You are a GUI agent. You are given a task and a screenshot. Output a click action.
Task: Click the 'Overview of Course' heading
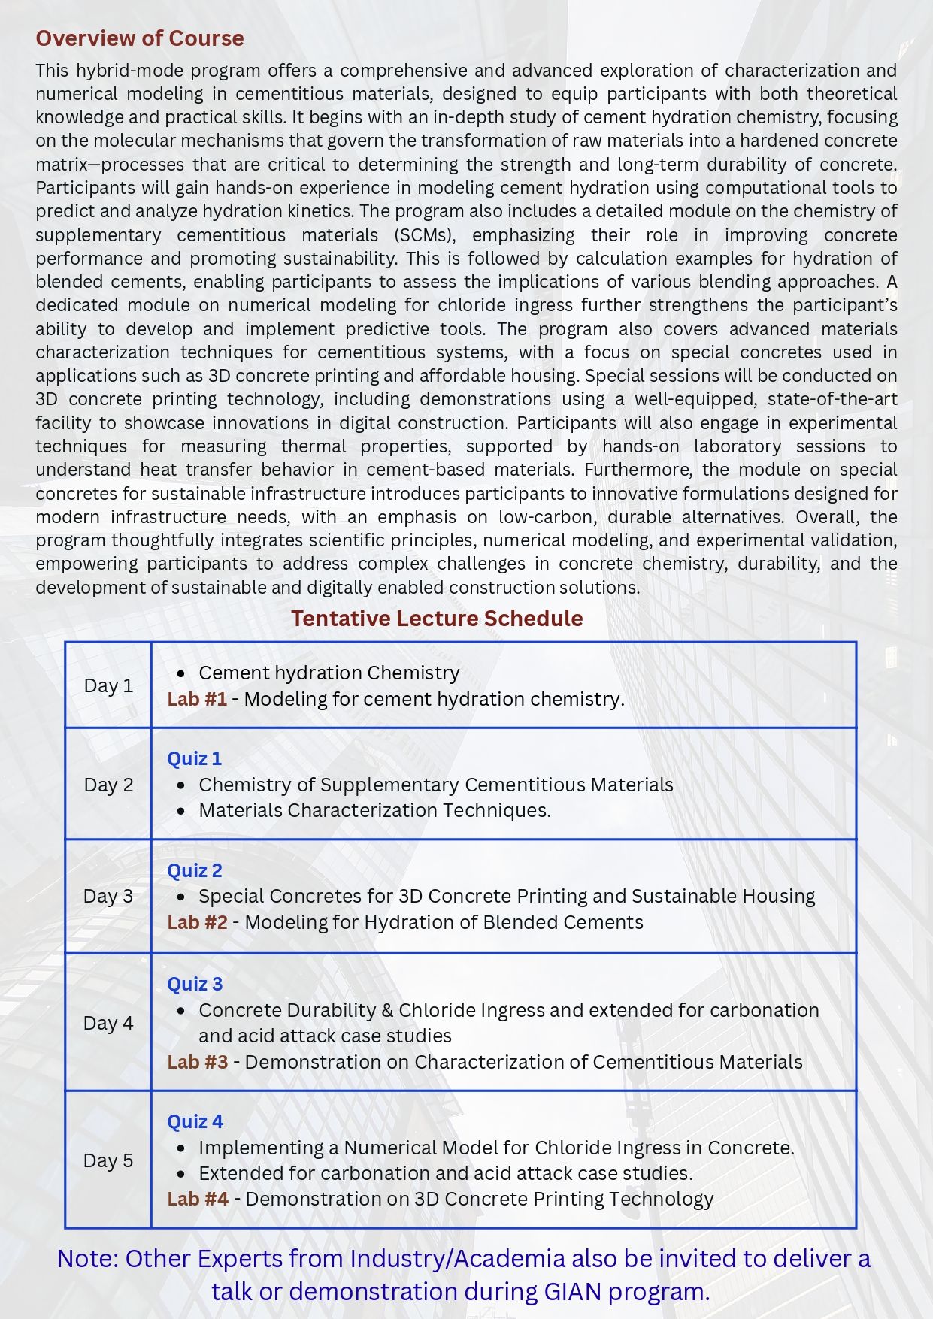tap(140, 38)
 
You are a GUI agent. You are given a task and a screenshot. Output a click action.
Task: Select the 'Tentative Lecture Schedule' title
tap(437, 619)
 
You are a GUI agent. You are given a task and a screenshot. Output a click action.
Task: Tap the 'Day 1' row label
tap(108, 685)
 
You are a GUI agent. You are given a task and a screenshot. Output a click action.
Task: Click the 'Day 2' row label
tap(108, 785)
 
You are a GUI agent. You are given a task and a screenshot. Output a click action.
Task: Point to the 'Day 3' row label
tap(108, 896)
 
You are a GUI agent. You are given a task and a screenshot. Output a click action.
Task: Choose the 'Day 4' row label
tap(108, 1023)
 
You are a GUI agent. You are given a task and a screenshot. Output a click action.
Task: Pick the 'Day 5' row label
tap(108, 1160)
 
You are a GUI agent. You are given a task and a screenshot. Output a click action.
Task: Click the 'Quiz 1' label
tap(195, 759)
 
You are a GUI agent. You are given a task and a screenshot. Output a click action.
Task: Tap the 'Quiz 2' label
tap(195, 871)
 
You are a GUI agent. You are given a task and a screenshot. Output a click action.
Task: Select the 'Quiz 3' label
tap(195, 985)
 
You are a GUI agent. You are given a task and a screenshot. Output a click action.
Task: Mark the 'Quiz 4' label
tap(195, 1122)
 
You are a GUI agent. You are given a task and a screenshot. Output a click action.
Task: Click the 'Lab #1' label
tap(197, 700)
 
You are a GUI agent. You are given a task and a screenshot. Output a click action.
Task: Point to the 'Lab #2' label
tap(197, 923)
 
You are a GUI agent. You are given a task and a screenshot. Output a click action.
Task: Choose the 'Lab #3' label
tap(197, 1063)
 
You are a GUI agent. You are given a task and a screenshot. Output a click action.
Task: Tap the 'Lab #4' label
tap(198, 1200)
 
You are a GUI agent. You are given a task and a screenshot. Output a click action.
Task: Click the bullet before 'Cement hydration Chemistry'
tap(180, 673)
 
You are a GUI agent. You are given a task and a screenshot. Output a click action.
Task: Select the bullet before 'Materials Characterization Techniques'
tap(180, 811)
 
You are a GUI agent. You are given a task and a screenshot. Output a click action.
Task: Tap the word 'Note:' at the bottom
tap(87, 1259)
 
